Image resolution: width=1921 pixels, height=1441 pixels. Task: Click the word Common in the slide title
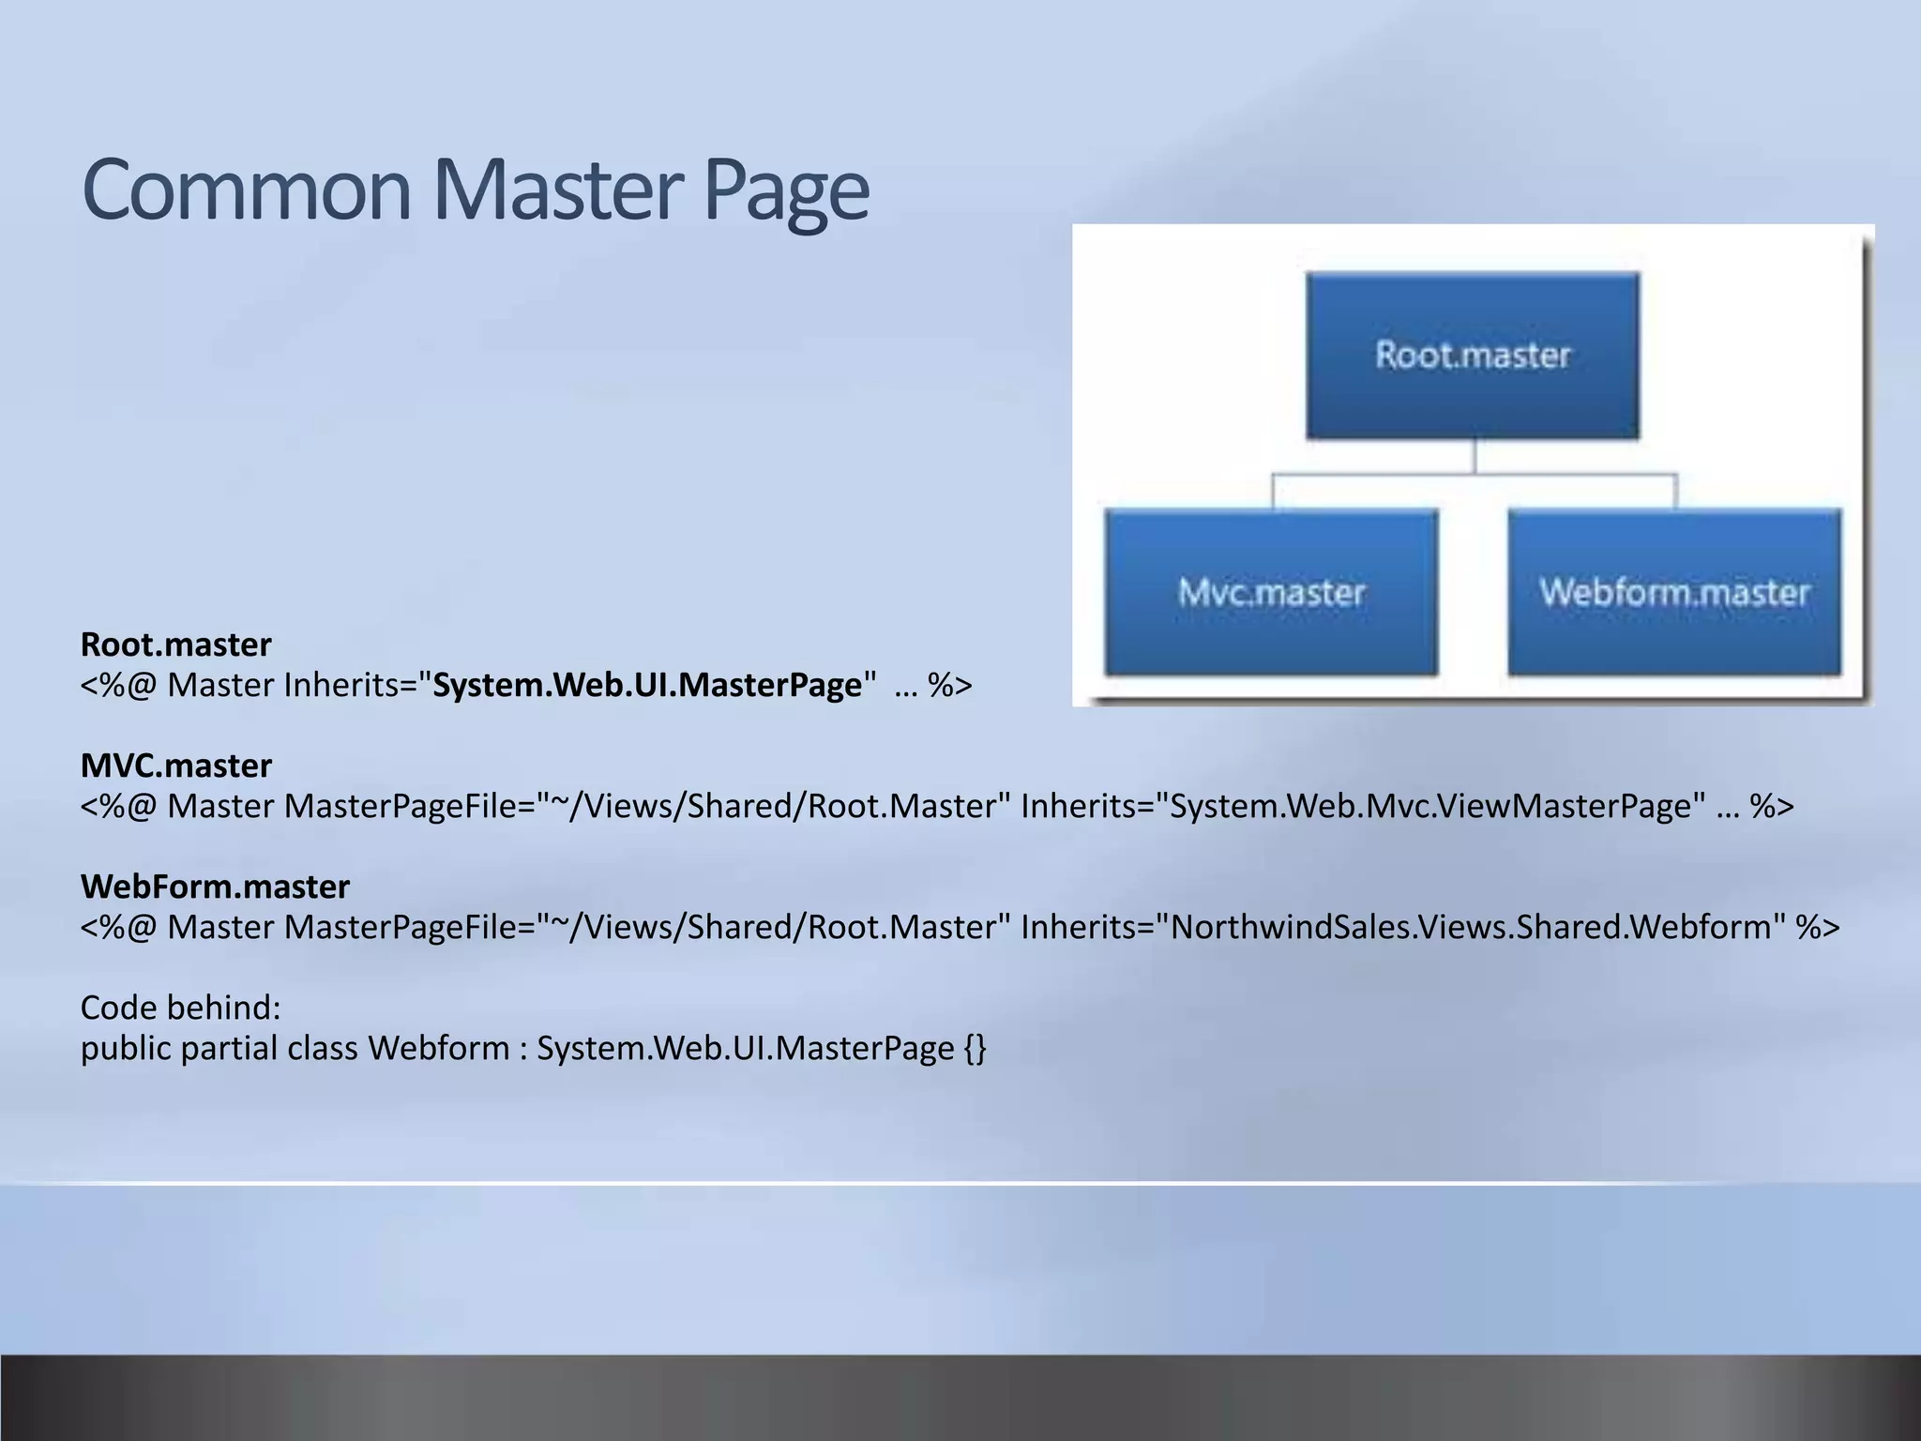click(x=247, y=190)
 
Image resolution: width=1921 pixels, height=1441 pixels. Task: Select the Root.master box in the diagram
click(x=1473, y=356)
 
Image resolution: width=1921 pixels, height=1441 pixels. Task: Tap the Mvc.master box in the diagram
click(x=1271, y=592)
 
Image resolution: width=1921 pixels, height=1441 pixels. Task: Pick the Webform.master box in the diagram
click(x=1674, y=592)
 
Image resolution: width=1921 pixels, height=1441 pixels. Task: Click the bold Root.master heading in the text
click(x=176, y=645)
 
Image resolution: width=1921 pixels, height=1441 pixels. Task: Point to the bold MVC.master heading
click(x=176, y=766)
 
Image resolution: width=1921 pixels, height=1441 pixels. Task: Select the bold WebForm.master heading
click(x=215, y=887)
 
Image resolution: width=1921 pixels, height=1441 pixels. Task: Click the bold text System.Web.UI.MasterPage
click(x=647, y=686)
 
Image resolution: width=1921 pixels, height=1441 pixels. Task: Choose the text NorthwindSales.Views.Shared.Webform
click(x=1472, y=928)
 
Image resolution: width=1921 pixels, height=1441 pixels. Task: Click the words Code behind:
click(x=181, y=1008)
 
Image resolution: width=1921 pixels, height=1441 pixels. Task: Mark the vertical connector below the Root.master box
click(x=1475, y=457)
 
